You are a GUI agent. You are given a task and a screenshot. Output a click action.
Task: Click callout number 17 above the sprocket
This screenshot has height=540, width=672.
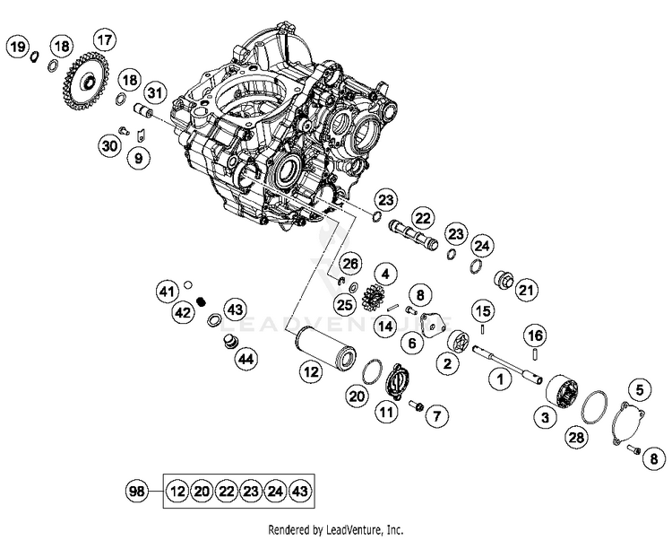coord(105,40)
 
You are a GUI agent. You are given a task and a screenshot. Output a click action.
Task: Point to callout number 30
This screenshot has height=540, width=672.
coord(109,145)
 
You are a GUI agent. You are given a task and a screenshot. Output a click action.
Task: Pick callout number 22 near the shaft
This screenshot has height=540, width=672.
coord(422,217)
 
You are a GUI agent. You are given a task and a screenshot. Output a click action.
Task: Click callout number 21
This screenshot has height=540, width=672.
coord(526,290)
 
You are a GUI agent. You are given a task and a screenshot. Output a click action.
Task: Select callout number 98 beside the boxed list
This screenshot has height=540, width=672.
coord(137,490)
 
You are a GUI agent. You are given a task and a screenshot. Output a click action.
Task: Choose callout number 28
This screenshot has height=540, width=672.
coord(576,437)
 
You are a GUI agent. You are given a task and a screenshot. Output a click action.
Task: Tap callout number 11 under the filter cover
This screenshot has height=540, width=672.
coord(385,414)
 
